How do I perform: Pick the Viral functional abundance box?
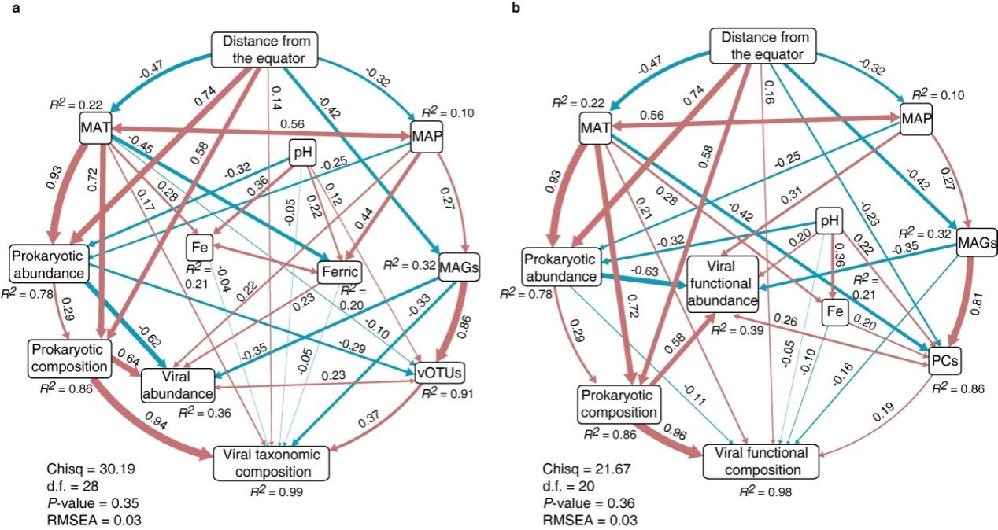pyautogui.click(x=722, y=285)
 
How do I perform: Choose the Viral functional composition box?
pyautogui.click(x=760, y=462)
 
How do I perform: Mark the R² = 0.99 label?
pyautogui.click(x=275, y=492)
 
